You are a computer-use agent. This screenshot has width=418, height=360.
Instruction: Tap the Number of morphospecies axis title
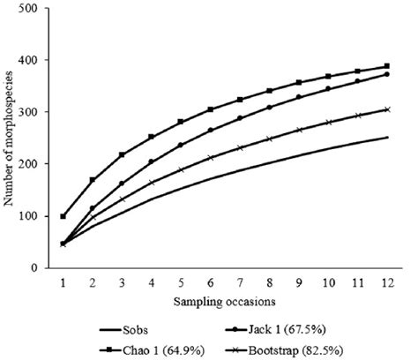click(11, 139)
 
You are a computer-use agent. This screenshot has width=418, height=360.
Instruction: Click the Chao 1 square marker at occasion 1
click(63, 216)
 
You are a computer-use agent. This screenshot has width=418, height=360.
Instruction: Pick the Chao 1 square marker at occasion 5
click(181, 122)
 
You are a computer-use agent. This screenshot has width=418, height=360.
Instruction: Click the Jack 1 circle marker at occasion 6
click(211, 130)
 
